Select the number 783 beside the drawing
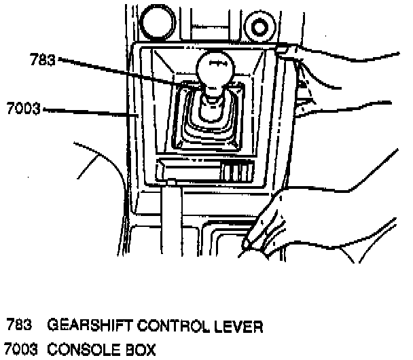(x=42, y=60)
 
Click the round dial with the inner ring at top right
(x=261, y=28)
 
